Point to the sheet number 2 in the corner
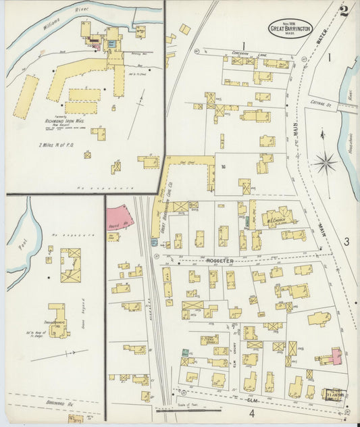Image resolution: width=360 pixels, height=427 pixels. (344, 10)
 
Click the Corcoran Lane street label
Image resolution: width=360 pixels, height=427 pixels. (245, 51)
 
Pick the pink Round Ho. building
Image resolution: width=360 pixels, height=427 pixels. (119, 218)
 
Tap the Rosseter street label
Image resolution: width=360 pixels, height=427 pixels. (220, 260)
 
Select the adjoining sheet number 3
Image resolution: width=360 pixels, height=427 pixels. (345, 241)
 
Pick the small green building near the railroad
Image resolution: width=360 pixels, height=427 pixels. (184, 352)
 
